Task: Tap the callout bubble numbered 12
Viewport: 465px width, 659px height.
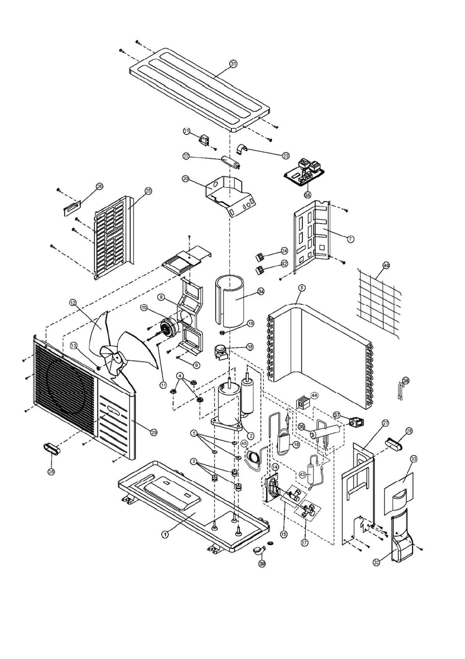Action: click(x=73, y=302)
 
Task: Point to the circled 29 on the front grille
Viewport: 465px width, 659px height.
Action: click(x=154, y=432)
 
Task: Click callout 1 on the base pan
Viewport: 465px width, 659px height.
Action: click(x=165, y=533)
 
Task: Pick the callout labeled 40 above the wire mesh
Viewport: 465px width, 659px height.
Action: click(x=386, y=265)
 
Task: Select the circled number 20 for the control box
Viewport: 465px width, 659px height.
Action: click(x=186, y=178)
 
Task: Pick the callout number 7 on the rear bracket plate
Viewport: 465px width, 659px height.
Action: click(x=350, y=238)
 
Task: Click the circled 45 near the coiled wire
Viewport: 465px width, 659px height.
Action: click(x=244, y=443)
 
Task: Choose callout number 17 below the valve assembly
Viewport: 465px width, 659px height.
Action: click(x=304, y=543)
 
